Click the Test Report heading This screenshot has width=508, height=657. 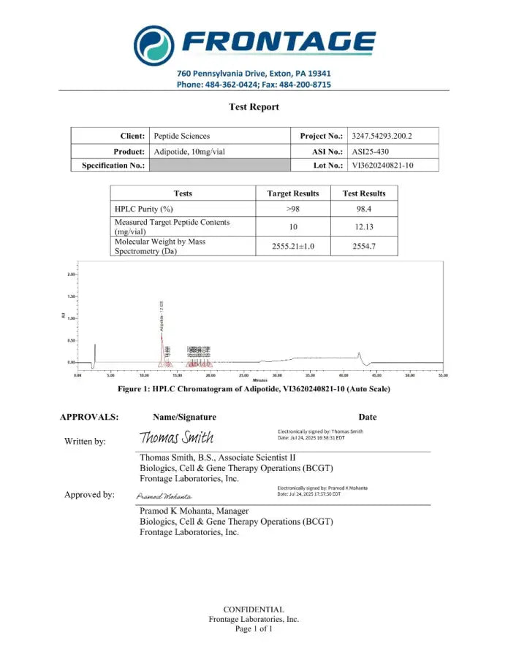[254, 107]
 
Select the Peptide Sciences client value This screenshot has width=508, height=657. [182, 136]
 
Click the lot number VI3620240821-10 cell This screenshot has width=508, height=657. [383, 166]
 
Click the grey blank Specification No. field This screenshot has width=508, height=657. [219, 166]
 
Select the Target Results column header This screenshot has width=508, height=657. [293, 193]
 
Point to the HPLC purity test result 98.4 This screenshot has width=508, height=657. [364, 208]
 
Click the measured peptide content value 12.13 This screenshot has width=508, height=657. [364, 227]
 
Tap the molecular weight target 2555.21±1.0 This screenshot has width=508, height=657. [293, 247]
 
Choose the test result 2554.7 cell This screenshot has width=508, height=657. [364, 247]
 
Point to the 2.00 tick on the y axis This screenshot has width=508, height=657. [71, 274]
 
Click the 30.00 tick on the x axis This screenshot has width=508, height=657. [277, 375]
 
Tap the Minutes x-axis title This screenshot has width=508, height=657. [259, 381]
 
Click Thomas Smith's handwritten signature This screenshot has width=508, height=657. [177, 437]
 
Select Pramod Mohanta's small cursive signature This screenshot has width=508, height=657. [159, 496]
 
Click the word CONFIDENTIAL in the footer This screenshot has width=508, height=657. [254, 609]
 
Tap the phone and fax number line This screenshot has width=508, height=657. [254, 85]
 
